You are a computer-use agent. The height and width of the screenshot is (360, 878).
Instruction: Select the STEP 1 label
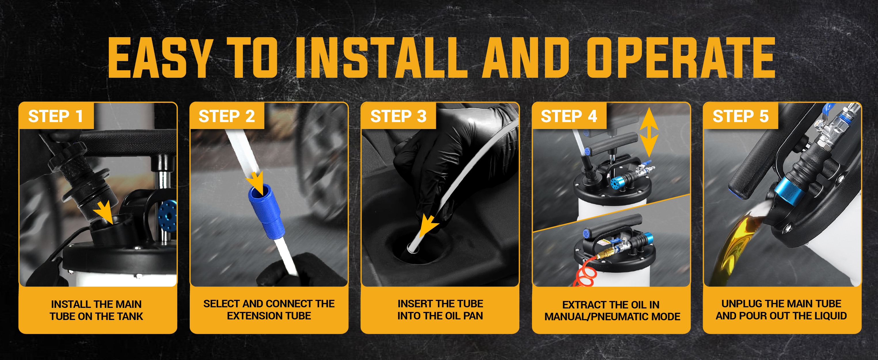coord(56,116)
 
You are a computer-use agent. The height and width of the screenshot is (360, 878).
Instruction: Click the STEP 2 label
coord(227,116)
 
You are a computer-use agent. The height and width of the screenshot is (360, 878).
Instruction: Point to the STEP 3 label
coord(398,116)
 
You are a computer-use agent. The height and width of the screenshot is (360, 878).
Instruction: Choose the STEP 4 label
coord(569,116)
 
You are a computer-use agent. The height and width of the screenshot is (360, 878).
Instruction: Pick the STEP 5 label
coord(741,116)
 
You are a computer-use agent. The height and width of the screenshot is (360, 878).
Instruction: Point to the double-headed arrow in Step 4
coord(649,132)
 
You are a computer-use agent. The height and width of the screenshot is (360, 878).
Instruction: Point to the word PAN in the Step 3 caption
coord(473,316)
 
